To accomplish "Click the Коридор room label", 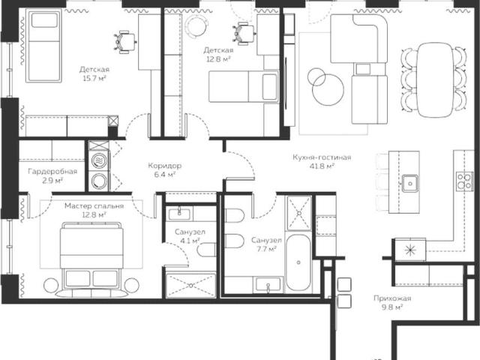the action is (x=165, y=166).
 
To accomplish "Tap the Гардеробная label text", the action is (x=52, y=171).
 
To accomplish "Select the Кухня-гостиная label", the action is (x=322, y=157).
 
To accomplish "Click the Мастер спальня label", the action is (x=94, y=206).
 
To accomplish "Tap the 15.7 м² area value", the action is (x=94, y=78).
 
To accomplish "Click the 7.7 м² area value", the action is (x=266, y=249).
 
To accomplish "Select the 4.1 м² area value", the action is (x=190, y=241).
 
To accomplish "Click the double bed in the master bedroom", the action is (x=91, y=259).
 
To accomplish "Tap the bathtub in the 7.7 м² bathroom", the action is (x=298, y=263).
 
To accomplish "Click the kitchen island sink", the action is (x=410, y=183).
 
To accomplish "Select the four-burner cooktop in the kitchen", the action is (x=465, y=181).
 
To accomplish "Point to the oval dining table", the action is (x=435, y=80).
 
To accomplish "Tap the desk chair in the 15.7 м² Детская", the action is (x=125, y=42).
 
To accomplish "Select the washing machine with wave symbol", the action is (x=99, y=160).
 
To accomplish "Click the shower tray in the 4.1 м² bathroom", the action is (x=190, y=286).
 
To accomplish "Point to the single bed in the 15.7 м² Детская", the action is (x=43, y=46).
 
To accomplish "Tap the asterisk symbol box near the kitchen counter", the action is (x=410, y=250).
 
